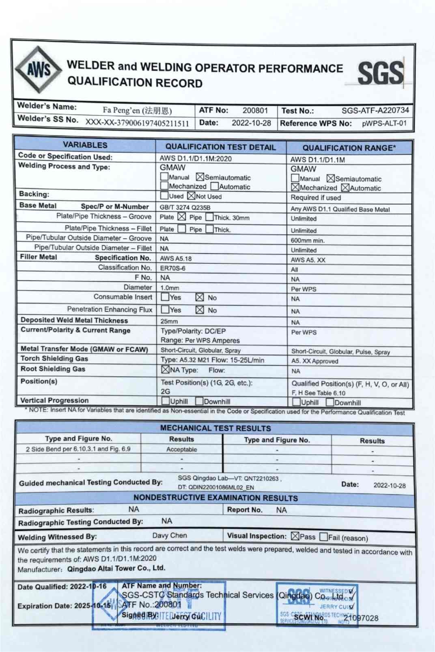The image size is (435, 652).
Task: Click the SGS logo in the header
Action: (380, 73)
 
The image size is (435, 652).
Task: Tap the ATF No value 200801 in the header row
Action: (255, 110)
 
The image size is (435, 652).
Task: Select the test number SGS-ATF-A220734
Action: (375, 110)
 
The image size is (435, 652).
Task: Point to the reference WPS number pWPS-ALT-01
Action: (384, 123)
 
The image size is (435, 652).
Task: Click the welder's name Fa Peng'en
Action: (137, 110)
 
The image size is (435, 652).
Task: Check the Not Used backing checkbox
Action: (191, 196)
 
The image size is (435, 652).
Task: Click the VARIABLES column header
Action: (85, 145)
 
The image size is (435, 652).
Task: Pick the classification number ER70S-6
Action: (172, 268)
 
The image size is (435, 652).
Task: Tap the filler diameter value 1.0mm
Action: (170, 288)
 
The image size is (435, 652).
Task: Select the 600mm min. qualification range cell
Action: (308, 240)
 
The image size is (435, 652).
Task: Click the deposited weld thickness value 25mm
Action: (169, 321)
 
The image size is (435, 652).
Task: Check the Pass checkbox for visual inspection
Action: (295, 536)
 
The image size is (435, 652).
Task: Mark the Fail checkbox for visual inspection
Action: (323, 537)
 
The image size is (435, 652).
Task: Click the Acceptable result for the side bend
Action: (181, 449)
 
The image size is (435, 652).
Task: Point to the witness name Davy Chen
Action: (170, 535)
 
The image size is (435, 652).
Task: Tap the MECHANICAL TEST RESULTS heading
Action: (215, 428)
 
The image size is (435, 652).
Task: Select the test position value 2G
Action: (165, 391)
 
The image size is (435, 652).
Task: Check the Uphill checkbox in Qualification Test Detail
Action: (165, 401)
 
